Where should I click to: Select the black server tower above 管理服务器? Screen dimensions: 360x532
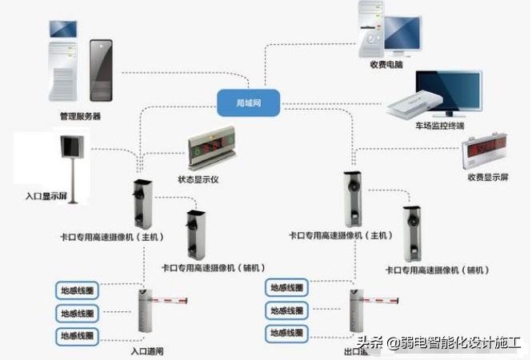tap(101, 69)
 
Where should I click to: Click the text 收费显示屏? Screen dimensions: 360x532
tap(487, 176)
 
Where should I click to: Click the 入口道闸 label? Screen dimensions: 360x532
tap(148, 350)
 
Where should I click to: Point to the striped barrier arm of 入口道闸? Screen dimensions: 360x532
tap(170, 302)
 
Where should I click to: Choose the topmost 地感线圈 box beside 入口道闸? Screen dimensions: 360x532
tap(77, 289)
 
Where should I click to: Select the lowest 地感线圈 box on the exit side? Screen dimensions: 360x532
tap(287, 332)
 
